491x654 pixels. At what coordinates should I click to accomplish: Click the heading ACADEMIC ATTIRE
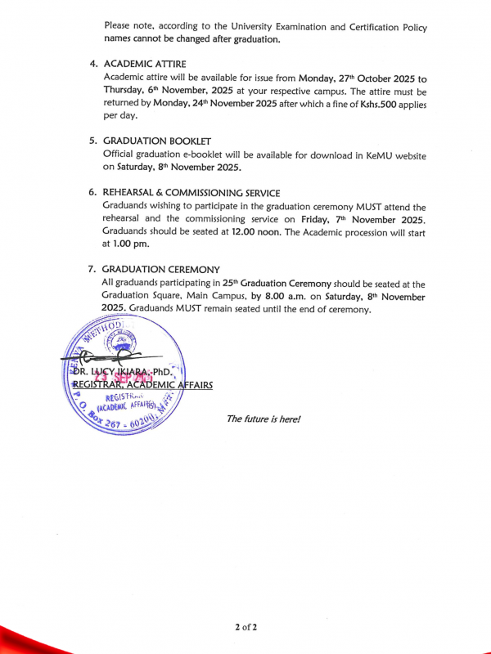[x=145, y=64]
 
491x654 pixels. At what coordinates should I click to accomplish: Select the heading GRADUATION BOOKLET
[x=154, y=141]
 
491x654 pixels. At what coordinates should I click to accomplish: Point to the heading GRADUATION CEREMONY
[x=161, y=269]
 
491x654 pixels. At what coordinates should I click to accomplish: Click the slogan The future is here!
[x=264, y=419]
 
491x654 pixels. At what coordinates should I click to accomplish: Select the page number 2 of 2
[x=245, y=627]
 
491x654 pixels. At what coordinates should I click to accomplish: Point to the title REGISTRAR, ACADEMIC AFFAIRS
[x=142, y=384]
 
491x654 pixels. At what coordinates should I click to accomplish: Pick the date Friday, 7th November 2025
[x=376, y=219]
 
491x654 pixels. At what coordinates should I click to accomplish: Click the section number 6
[x=92, y=192]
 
